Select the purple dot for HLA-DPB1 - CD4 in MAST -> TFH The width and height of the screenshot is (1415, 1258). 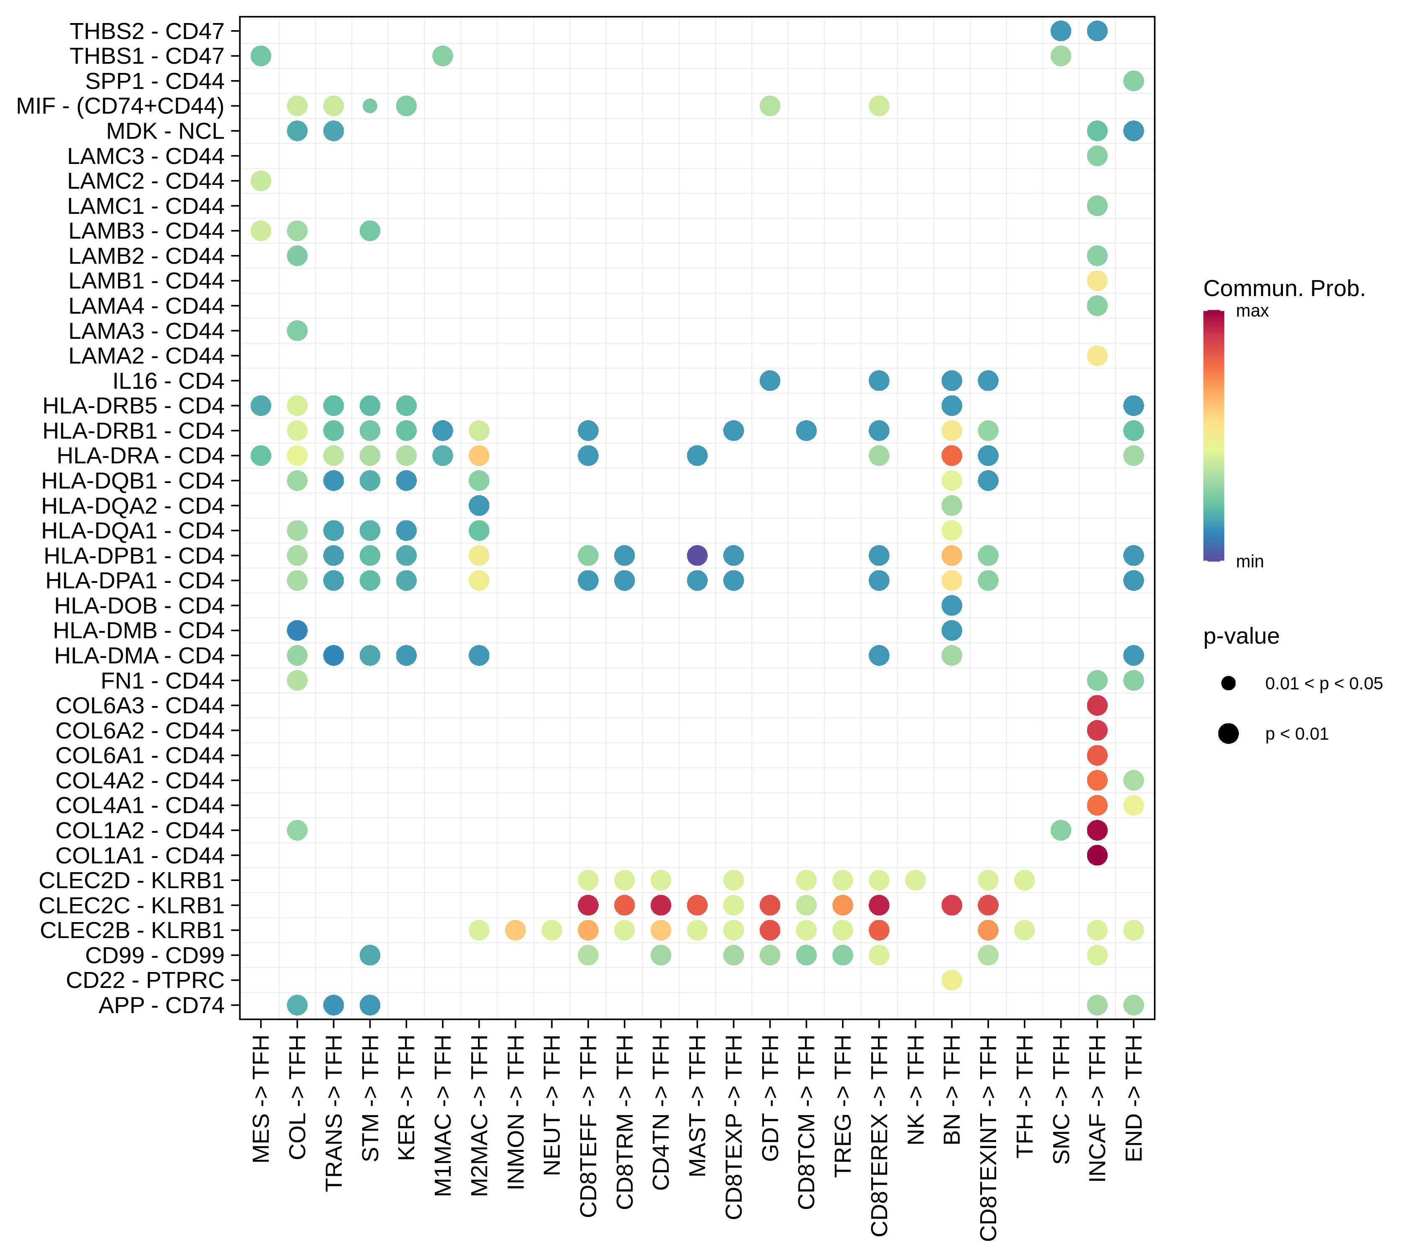pos(697,555)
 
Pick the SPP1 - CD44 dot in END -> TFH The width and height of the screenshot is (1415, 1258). pos(1133,81)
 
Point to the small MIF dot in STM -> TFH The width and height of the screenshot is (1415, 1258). pos(370,106)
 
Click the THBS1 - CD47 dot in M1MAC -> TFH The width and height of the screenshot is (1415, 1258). pos(442,56)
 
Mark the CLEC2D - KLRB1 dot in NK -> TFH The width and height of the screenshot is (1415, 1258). pos(915,881)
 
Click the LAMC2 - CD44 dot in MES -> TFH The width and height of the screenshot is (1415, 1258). pos(260,181)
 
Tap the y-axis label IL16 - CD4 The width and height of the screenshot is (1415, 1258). pos(169,381)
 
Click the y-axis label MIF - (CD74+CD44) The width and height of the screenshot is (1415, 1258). pos(120,106)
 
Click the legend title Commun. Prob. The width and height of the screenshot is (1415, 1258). pos(1284,288)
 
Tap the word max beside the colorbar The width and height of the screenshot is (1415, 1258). pos(1252,311)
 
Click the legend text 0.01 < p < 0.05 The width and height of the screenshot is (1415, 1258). pos(1324,684)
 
